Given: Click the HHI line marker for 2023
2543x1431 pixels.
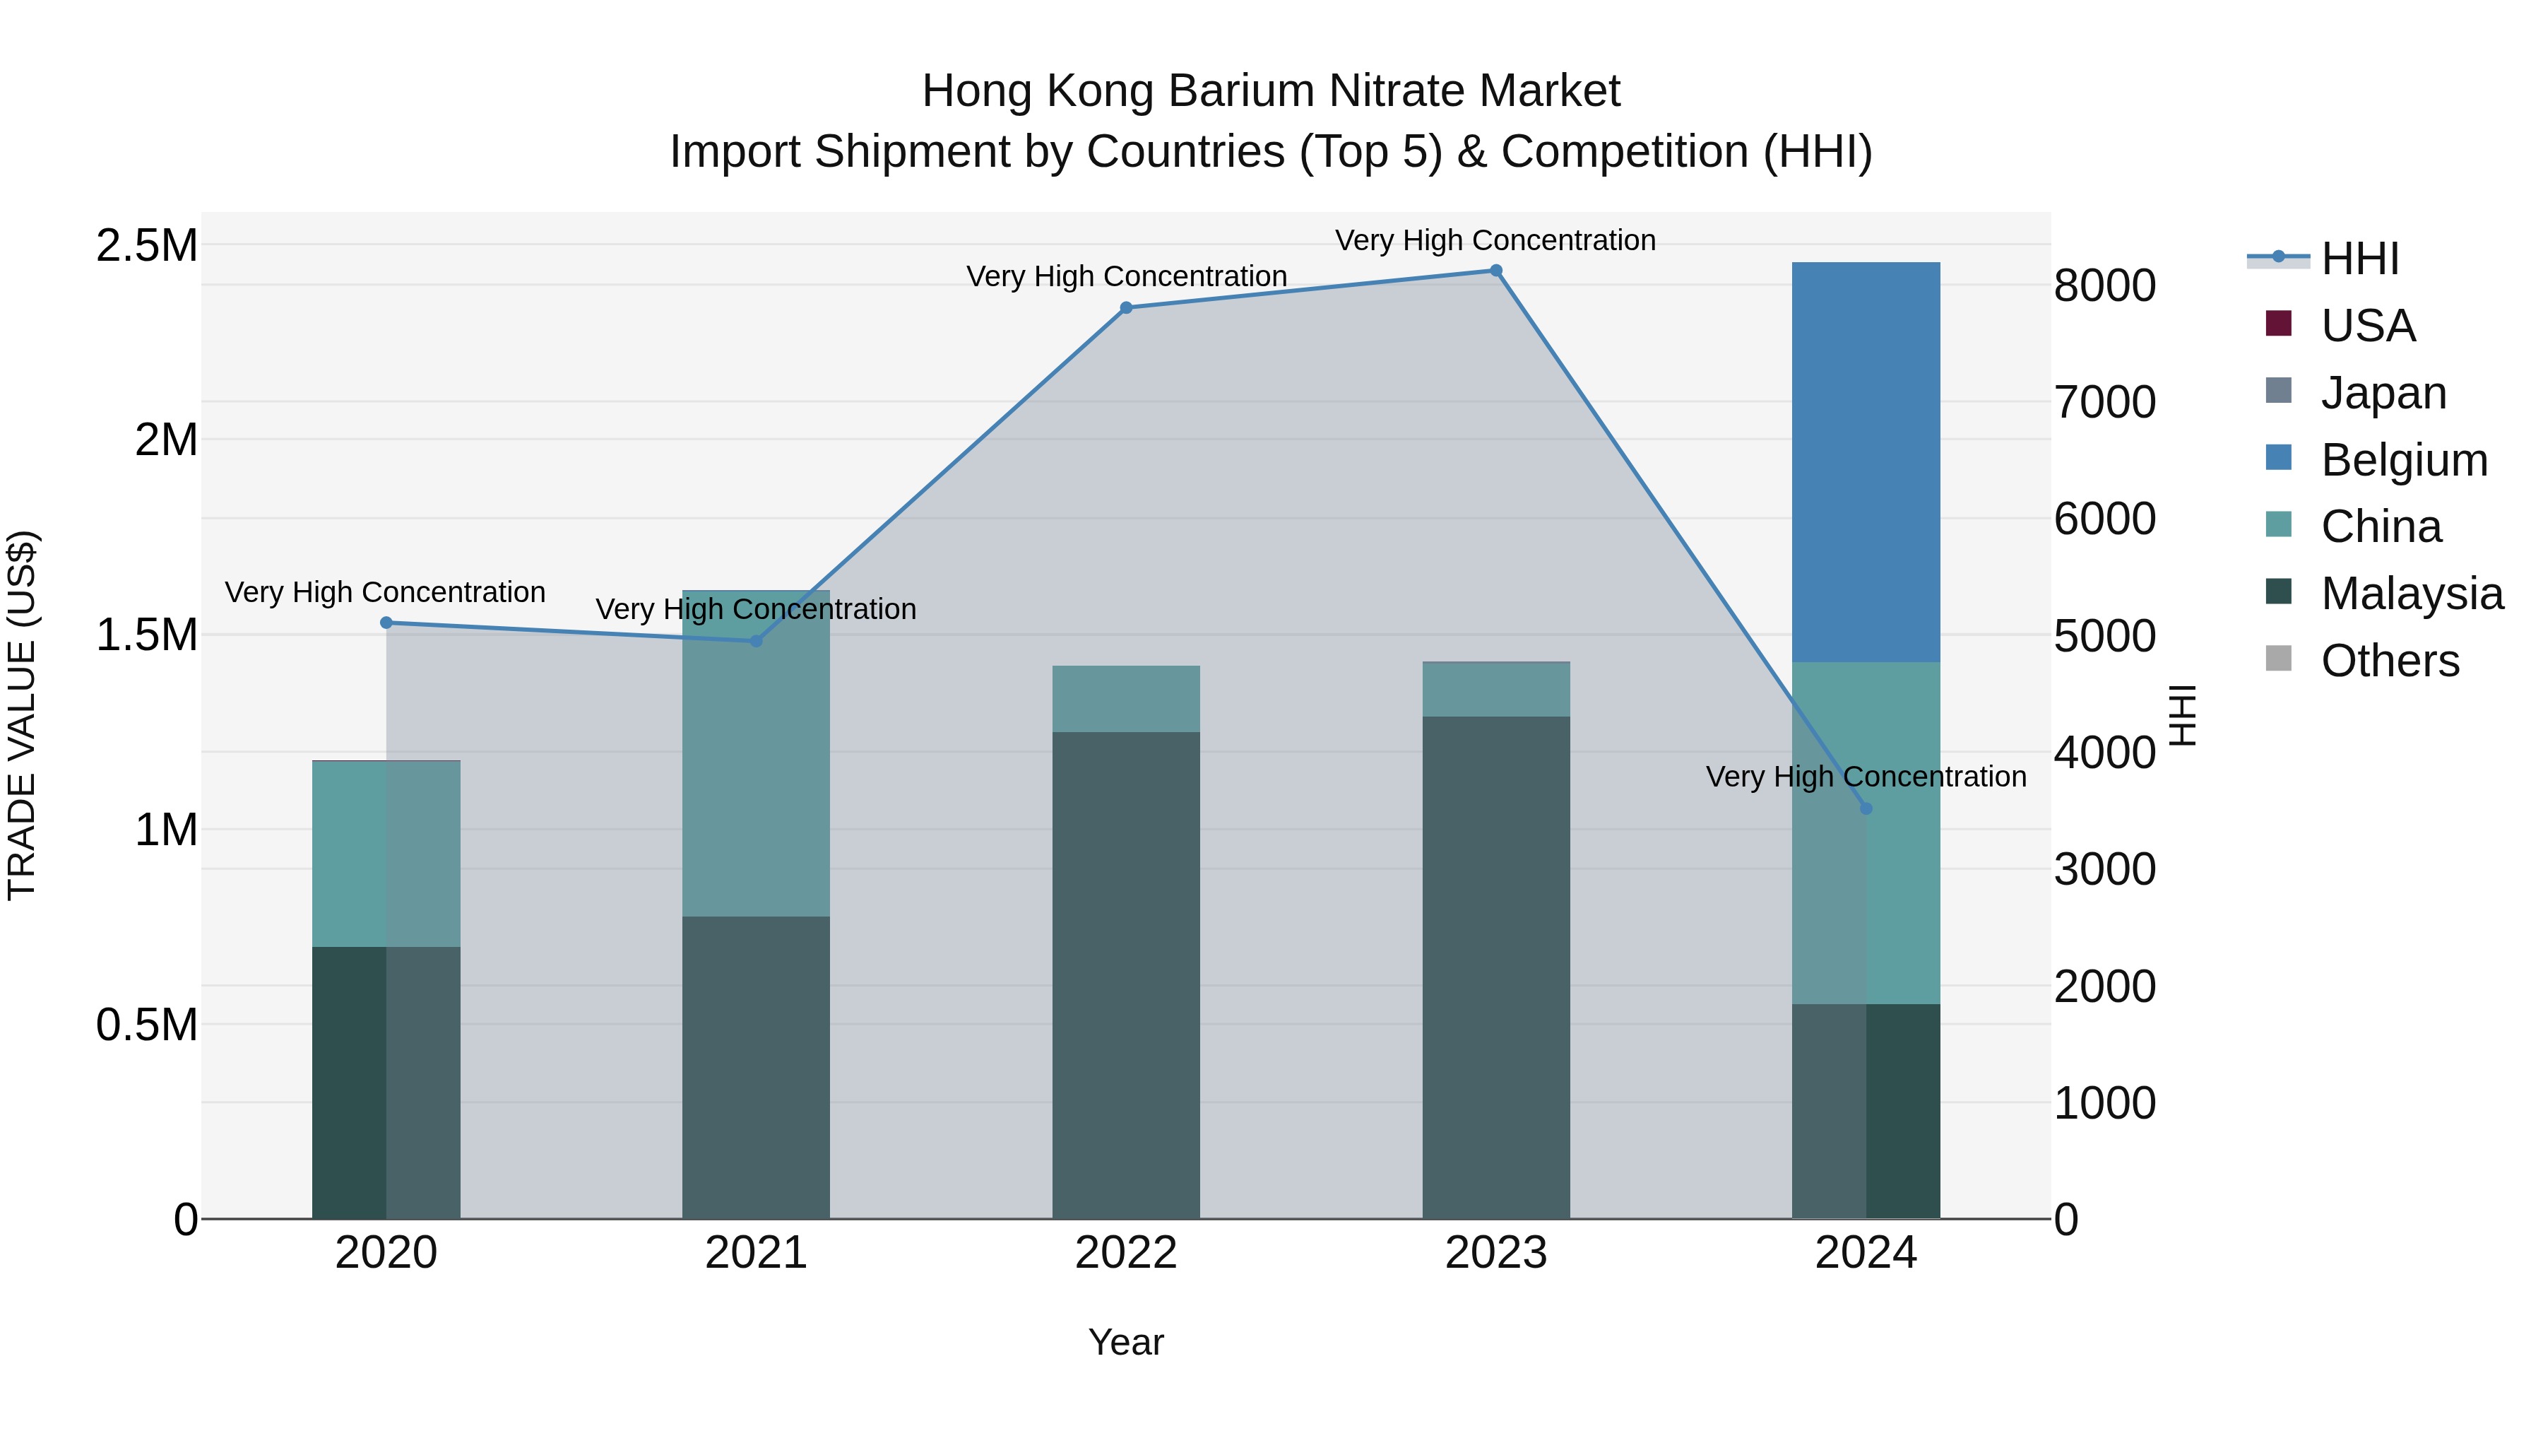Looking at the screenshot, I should click(1495, 271).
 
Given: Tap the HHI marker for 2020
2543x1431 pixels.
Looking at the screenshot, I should click(386, 623).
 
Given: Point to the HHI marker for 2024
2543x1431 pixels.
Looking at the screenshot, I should click(1866, 809).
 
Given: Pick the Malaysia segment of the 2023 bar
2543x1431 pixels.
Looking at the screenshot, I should click(1495, 968).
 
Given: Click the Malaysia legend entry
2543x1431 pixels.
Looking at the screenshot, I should click(2411, 594).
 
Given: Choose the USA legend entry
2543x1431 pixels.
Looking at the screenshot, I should click(2367, 326).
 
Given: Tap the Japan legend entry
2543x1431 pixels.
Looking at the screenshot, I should click(2383, 393).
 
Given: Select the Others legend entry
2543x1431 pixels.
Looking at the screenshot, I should click(2389, 661).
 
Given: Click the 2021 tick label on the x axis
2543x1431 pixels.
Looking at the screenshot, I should click(756, 1253).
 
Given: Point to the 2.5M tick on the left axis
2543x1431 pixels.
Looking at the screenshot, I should click(147, 246).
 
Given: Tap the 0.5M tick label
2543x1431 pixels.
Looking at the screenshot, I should click(147, 1025).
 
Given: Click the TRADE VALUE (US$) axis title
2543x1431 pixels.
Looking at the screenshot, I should click(23, 715).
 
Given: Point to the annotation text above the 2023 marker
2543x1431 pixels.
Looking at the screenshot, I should click(1495, 240).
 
